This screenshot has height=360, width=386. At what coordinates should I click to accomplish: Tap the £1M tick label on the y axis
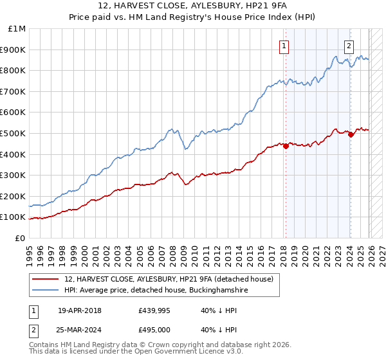pos(17,29)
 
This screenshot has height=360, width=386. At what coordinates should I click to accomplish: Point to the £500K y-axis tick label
pos(14,133)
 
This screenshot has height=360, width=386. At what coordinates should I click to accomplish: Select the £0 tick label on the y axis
pos(21,238)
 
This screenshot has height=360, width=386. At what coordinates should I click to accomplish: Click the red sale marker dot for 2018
pos(286,145)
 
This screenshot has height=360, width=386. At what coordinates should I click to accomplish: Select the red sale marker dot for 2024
pos(351,134)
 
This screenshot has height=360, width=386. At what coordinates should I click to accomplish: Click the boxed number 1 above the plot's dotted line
pos(284,46)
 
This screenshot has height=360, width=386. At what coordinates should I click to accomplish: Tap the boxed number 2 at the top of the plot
pos(349,46)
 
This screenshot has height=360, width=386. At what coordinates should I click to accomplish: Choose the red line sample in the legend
pos(45,279)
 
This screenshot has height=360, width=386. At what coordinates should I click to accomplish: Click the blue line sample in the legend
pos(45,290)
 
